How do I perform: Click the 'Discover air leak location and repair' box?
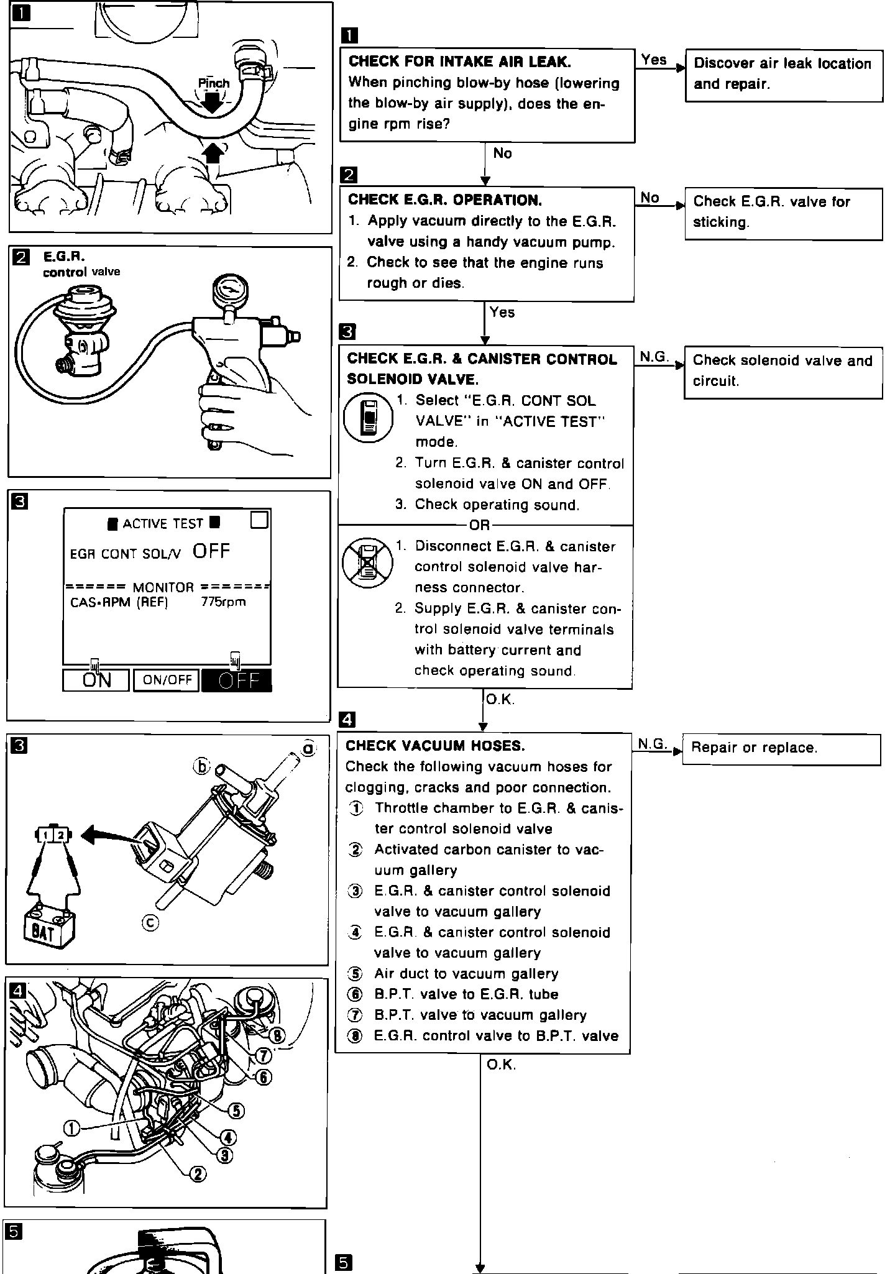click(784, 75)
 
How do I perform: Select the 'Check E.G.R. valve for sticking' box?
click(783, 213)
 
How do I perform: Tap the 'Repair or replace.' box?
click(781, 749)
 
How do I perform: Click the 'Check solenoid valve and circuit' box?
click(783, 372)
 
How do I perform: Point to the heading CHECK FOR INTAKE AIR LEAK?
click(459, 62)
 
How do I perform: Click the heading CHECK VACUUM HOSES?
click(435, 746)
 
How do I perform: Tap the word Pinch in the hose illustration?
click(213, 83)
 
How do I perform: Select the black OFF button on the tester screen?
click(237, 681)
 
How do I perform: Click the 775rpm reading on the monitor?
click(223, 602)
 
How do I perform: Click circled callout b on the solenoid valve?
click(201, 767)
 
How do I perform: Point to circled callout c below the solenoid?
click(150, 923)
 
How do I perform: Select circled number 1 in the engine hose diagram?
click(72, 1128)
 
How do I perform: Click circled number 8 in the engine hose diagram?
click(278, 1035)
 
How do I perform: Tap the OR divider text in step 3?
click(479, 526)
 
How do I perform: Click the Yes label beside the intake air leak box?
click(654, 60)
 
